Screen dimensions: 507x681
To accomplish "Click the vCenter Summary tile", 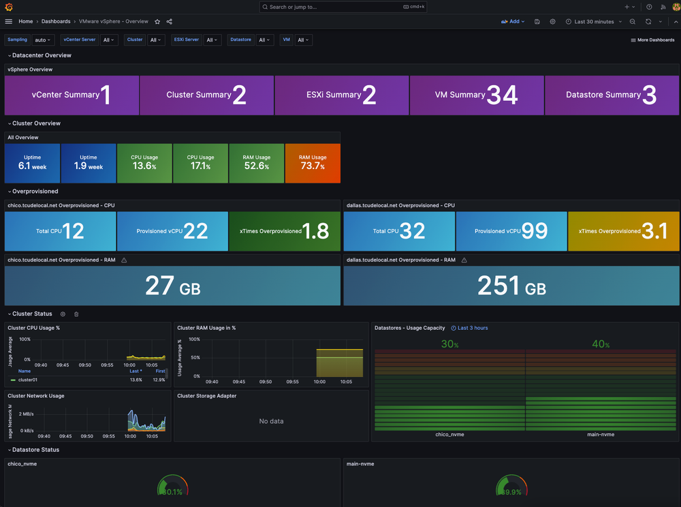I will pyautogui.click(x=72, y=95).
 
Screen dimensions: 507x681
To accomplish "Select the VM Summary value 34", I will pyautogui.click(x=502, y=95).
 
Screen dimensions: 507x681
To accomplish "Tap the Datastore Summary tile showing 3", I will pyautogui.click(x=612, y=95).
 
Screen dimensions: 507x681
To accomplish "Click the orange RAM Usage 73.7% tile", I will pyautogui.click(x=313, y=163).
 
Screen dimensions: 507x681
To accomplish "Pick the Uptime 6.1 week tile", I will pyautogui.click(x=32, y=163).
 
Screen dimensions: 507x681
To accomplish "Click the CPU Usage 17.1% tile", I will pyautogui.click(x=201, y=163).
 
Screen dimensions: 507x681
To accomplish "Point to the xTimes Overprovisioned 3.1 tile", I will pyautogui.click(x=623, y=231).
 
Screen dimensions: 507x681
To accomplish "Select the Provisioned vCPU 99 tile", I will pyautogui.click(x=511, y=231).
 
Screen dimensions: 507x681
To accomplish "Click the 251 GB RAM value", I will pyautogui.click(x=511, y=286).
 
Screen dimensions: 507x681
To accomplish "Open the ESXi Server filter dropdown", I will pyautogui.click(x=212, y=40).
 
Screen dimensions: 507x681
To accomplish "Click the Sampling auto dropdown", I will pyautogui.click(x=42, y=40).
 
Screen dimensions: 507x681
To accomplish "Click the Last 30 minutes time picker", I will pyautogui.click(x=593, y=22).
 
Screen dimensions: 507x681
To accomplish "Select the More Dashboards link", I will pyautogui.click(x=652, y=40).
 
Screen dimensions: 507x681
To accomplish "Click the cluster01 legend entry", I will pyautogui.click(x=27, y=380).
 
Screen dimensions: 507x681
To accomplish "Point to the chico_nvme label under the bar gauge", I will pyautogui.click(x=449, y=434).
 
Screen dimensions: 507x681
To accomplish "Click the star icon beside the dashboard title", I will pyautogui.click(x=157, y=22).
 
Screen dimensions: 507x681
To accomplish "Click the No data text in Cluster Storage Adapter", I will pyautogui.click(x=271, y=421).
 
